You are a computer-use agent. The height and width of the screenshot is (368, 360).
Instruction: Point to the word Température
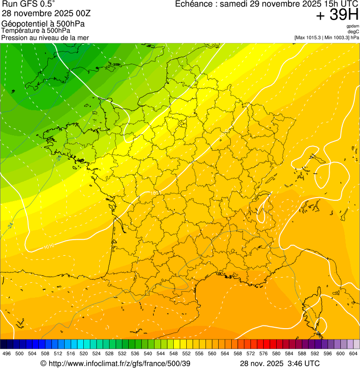click(20, 30)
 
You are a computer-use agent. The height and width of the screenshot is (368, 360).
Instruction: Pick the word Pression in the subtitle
click(14, 37)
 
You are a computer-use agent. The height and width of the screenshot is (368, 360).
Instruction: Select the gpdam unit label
click(353, 26)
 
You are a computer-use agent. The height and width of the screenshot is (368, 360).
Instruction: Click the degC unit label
click(353, 32)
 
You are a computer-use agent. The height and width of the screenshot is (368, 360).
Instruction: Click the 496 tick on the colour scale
click(7, 353)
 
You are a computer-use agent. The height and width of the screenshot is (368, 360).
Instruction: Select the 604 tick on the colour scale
click(353, 353)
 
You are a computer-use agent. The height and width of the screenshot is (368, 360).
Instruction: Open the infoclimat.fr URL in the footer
click(119, 363)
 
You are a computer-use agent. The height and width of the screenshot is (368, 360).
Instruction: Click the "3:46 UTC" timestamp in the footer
click(304, 363)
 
